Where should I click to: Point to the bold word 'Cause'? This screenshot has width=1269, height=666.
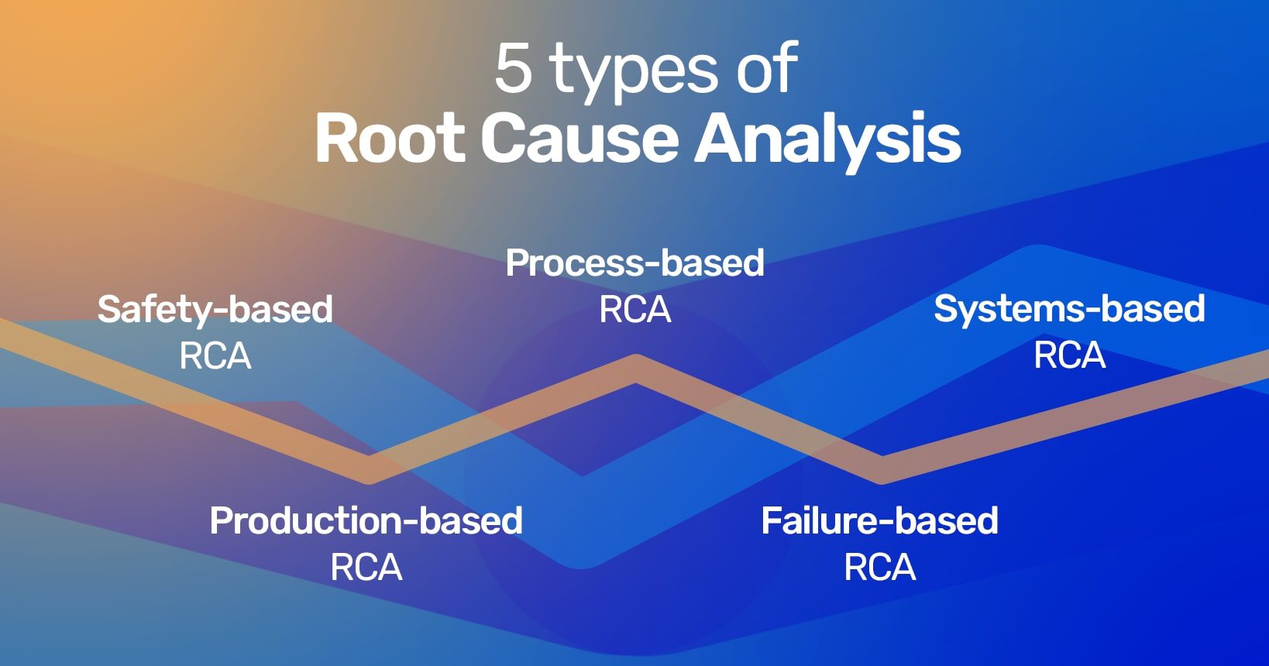[x=580, y=139]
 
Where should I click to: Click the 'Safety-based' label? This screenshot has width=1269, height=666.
[x=215, y=310]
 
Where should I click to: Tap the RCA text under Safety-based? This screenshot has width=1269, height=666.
[x=215, y=356]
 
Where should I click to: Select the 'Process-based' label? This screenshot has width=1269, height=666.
[x=634, y=263]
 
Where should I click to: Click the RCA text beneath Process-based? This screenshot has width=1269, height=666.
[x=634, y=310]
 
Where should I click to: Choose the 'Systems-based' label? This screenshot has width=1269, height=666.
[x=1069, y=309]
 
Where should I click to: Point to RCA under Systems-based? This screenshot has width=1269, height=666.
[x=1069, y=355]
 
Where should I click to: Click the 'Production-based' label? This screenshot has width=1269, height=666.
[x=366, y=520]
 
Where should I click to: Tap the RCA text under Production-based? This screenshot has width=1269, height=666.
[x=366, y=568]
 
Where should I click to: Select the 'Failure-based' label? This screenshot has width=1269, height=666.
[x=879, y=520]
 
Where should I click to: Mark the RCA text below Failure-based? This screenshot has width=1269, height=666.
[x=879, y=568]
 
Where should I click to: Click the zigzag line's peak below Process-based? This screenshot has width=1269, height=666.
[x=636, y=369]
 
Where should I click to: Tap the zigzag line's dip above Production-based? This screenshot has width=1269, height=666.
[x=370, y=469]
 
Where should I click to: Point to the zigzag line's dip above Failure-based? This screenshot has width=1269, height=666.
[x=881, y=469]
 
